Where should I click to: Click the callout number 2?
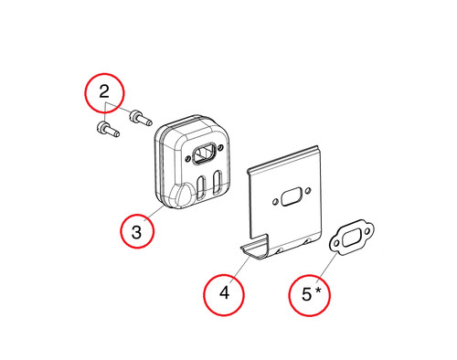click(x=104, y=91)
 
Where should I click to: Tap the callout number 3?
click(x=136, y=232)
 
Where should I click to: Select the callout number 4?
click(x=224, y=292)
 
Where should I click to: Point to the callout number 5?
click(x=306, y=294)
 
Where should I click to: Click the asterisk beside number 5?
click(x=318, y=291)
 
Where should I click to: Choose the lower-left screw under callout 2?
click(x=108, y=129)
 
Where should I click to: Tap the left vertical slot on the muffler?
click(x=201, y=187)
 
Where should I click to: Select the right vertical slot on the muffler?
click(x=218, y=182)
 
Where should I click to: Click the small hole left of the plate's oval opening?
click(x=275, y=202)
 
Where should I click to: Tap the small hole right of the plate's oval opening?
click(x=308, y=191)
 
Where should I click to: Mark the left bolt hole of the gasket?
click(x=336, y=243)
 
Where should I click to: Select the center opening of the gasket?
click(x=352, y=237)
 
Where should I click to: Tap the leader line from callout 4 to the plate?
click(x=240, y=267)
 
